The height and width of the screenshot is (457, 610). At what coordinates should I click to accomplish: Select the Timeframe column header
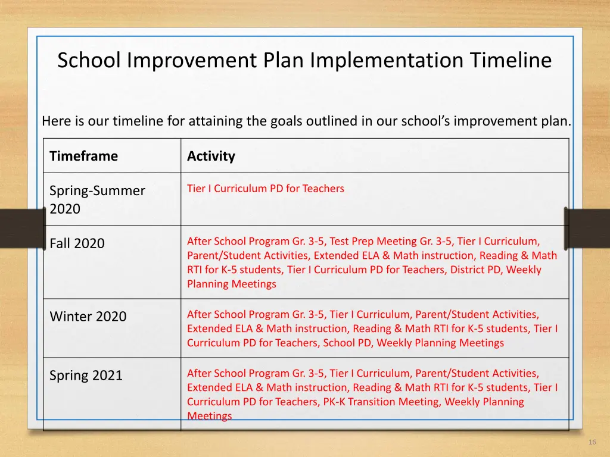tap(83, 156)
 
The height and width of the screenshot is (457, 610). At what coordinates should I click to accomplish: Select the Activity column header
tap(211, 156)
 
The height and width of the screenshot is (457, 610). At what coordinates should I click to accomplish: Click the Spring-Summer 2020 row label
tap(97, 199)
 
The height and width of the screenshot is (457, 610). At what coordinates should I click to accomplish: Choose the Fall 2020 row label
tap(77, 243)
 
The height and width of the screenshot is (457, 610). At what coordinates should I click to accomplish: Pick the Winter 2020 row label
tap(88, 317)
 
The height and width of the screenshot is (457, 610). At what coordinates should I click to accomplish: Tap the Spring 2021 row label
tap(86, 375)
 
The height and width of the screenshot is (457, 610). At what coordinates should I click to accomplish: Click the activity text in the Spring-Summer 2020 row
tap(266, 189)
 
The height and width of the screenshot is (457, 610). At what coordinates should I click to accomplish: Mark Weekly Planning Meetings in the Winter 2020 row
tap(440, 343)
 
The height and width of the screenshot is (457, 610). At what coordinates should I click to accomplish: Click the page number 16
tap(592, 442)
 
